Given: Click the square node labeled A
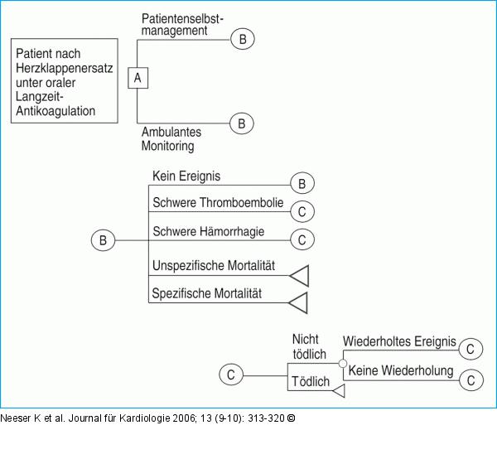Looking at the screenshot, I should click(138, 79).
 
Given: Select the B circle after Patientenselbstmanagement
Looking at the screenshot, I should click(243, 39).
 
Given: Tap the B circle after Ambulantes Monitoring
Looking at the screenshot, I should click(241, 123).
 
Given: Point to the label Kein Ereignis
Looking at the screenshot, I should click(186, 176).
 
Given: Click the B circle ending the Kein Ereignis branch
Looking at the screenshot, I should click(302, 183).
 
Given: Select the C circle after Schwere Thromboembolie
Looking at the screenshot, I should click(302, 211).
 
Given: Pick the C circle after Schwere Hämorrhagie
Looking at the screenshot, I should click(302, 239).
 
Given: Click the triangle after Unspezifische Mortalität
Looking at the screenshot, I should click(299, 275).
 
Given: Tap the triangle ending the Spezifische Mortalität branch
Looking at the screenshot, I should click(299, 302).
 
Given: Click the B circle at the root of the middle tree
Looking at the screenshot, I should click(103, 241).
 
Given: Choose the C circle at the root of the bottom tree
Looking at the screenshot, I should click(231, 375).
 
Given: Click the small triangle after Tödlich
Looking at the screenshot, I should click(337, 395).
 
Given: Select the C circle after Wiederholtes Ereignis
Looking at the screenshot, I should click(470, 349).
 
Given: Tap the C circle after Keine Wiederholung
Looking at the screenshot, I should click(470, 379).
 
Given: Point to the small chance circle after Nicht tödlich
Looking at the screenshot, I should click(343, 362).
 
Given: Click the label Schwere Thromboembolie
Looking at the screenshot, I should click(218, 203).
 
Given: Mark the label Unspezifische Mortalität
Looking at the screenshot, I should click(214, 267).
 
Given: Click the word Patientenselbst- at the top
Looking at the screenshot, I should click(181, 18).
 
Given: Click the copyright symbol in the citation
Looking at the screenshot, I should click(291, 417).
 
